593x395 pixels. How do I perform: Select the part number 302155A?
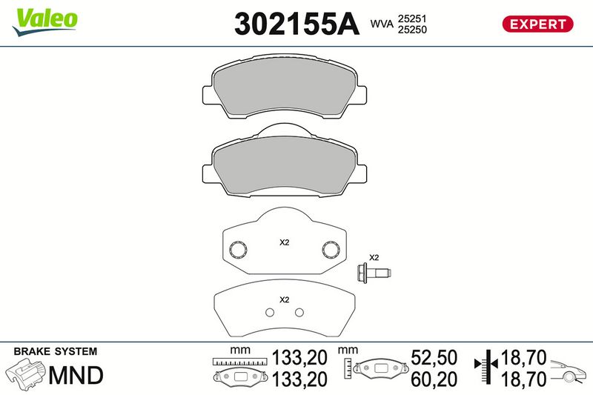295,24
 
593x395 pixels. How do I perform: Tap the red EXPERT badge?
538,24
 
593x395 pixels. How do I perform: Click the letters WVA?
380,24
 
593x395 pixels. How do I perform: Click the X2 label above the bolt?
374,257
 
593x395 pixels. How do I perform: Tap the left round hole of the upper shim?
239,250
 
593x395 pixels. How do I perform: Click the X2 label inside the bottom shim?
283,299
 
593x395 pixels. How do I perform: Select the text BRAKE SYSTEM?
56,352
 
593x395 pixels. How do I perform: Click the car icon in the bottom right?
569,369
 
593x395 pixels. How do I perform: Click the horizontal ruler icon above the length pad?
239,362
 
